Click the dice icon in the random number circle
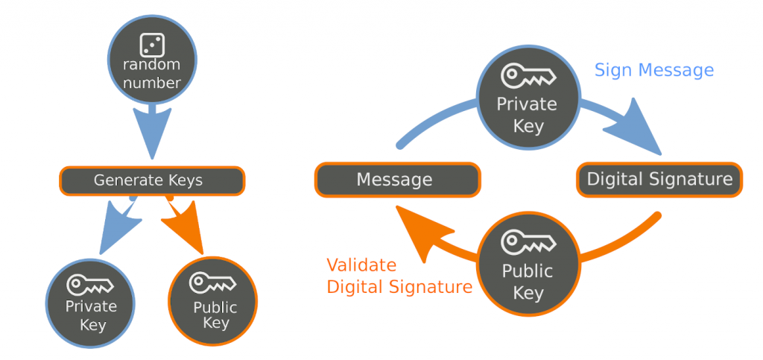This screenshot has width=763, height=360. tap(152, 45)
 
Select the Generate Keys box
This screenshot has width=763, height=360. tap(152, 180)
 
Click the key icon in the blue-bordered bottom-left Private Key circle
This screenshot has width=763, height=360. tap(89, 285)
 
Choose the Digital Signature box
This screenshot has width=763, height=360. tap(659, 179)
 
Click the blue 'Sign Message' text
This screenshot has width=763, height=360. tap(653, 70)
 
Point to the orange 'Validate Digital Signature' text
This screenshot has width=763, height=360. tap(399, 276)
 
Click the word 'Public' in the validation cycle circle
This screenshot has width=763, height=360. tap(527, 271)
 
